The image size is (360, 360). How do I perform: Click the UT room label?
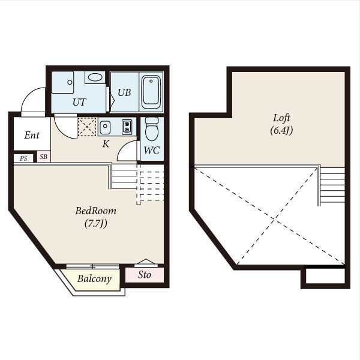pyautogui.click(x=79, y=102)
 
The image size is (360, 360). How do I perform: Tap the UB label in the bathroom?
pyautogui.click(x=124, y=92)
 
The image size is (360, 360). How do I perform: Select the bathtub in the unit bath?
pyautogui.click(x=151, y=92)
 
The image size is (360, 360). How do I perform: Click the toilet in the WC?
pyautogui.click(x=152, y=129)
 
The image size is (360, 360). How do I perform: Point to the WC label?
pyautogui.click(x=152, y=151)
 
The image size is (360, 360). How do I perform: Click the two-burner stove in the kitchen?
pyautogui.click(x=127, y=127)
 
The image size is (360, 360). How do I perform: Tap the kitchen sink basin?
pyautogui.click(x=105, y=127)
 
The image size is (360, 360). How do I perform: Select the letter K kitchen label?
pyautogui.click(x=106, y=144)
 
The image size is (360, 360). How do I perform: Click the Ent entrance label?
pyautogui.click(x=32, y=135)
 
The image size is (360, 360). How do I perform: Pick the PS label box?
pyautogui.click(x=23, y=158)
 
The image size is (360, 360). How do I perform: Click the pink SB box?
pyautogui.click(x=44, y=157)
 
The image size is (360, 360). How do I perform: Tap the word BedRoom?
pyautogui.click(x=96, y=211)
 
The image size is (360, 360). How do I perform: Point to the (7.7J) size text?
pyautogui.click(x=96, y=223)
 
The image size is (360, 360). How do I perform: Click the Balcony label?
pyautogui.click(x=94, y=278)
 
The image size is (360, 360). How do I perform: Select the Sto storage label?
pyautogui.click(x=145, y=275)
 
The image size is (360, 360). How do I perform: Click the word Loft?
pyautogui.click(x=281, y=118)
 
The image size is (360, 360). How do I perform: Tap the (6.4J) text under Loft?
pyautogui.click(x=281, y=130)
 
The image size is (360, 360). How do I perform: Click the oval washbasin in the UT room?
pyautogui.click(x=95, y=77)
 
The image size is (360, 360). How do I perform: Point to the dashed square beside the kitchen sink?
pyautogui.click(x=87, y=127)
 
